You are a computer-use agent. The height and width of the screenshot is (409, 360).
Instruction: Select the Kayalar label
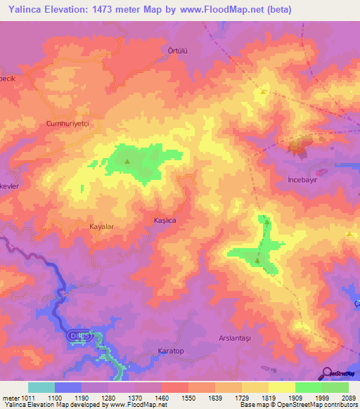[101, 227]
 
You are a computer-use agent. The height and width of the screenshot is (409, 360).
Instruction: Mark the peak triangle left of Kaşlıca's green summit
[127, 162]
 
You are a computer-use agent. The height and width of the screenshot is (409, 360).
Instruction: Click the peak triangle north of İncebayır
[264, 91]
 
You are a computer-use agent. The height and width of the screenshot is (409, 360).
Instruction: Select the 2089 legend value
[348, 397]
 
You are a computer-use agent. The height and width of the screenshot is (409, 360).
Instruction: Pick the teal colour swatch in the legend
[41, 387]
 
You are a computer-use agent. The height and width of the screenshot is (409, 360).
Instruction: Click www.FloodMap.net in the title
[221, 9]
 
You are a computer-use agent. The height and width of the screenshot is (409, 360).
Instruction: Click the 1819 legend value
[269, 397]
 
